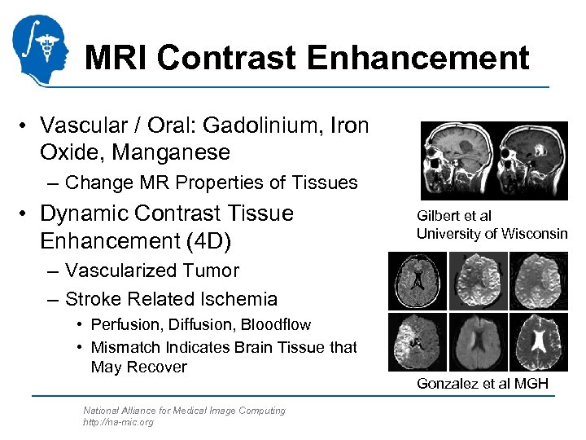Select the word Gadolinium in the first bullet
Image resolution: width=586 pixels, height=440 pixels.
262,126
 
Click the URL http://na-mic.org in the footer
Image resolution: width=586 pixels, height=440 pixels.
118,422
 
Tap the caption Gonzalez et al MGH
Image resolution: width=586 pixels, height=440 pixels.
482,383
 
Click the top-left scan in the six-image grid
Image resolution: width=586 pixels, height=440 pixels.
418,281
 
